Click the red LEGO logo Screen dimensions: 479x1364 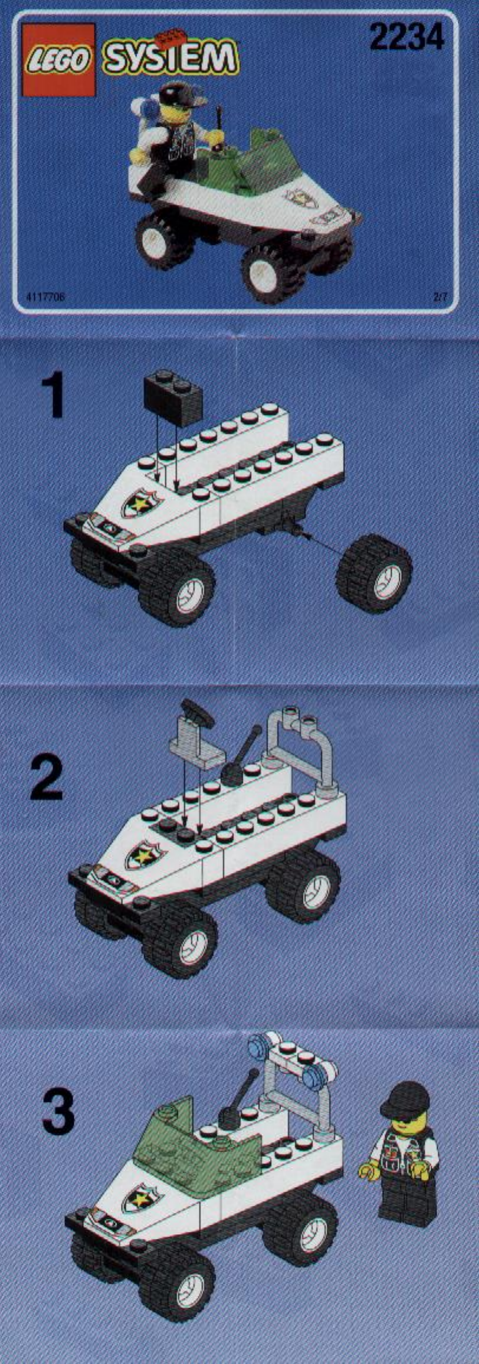[58, 59]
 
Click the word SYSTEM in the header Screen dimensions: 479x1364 [170, 58]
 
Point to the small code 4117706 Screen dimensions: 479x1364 [45, 298]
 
